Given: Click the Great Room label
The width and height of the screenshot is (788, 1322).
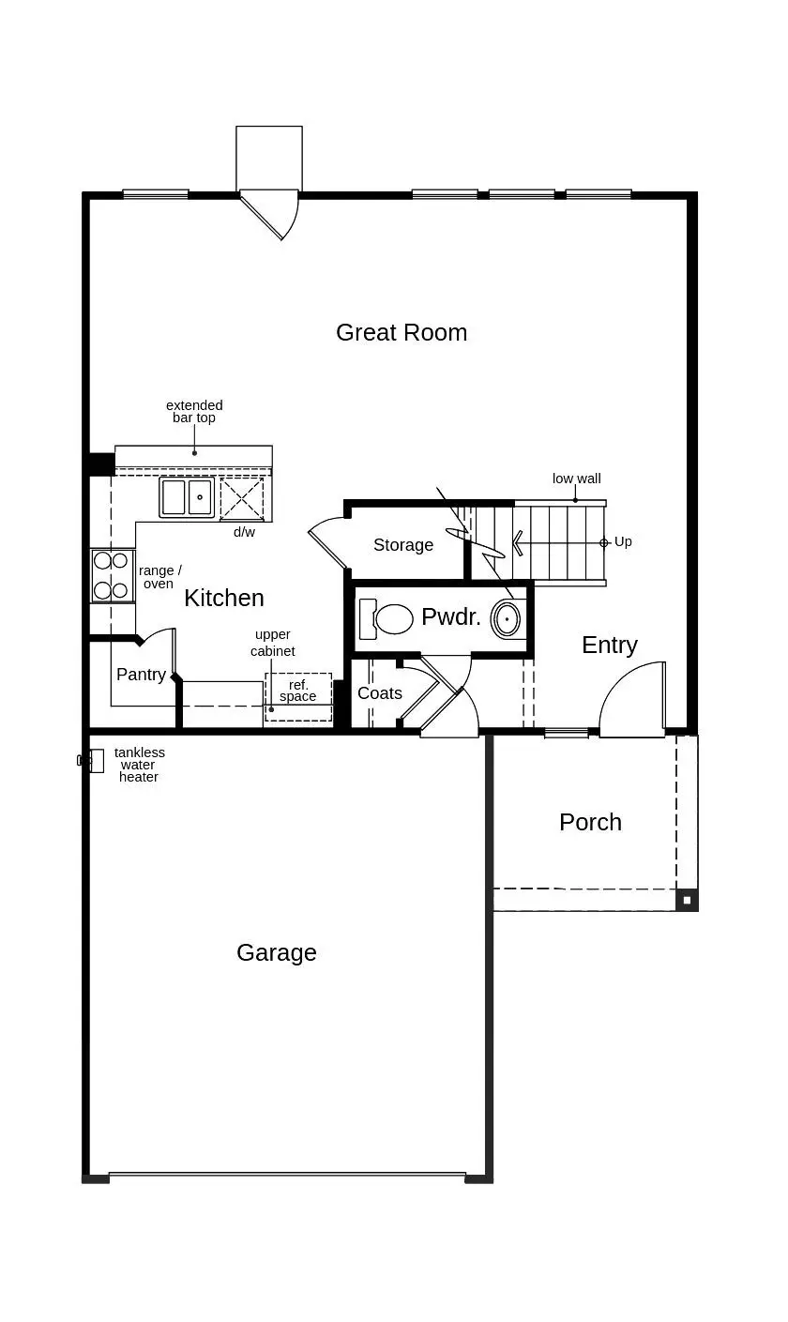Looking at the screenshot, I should tap(402, 332).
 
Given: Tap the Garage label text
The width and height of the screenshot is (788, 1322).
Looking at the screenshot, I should tap(277, 952).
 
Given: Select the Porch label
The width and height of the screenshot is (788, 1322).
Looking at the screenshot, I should tap(590, 822).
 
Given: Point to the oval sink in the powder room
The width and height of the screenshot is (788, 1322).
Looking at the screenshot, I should tap(507, 619).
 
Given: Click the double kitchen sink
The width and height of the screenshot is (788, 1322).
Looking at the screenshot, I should tap(186, 497).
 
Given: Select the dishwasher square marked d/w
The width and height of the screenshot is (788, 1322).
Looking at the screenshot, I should tap(242, 498).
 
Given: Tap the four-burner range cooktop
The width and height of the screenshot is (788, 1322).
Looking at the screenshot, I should tap(111, 576).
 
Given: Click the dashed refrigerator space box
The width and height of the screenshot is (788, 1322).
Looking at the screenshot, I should tap(298, 697).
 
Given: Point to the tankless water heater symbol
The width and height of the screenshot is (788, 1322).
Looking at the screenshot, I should tap(94, 760).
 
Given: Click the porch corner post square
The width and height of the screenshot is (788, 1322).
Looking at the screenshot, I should tap(687, 900).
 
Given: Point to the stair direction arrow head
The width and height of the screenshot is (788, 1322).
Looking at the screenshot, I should tap(517, 542).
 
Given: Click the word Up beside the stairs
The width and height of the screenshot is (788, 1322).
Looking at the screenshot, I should tap(623, 542).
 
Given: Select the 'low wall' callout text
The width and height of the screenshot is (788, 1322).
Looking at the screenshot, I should tap(576, 479).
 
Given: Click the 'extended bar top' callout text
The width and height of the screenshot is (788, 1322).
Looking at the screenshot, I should tap(194, 412).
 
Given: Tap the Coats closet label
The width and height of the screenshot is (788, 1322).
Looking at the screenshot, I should tap(380, 693).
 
